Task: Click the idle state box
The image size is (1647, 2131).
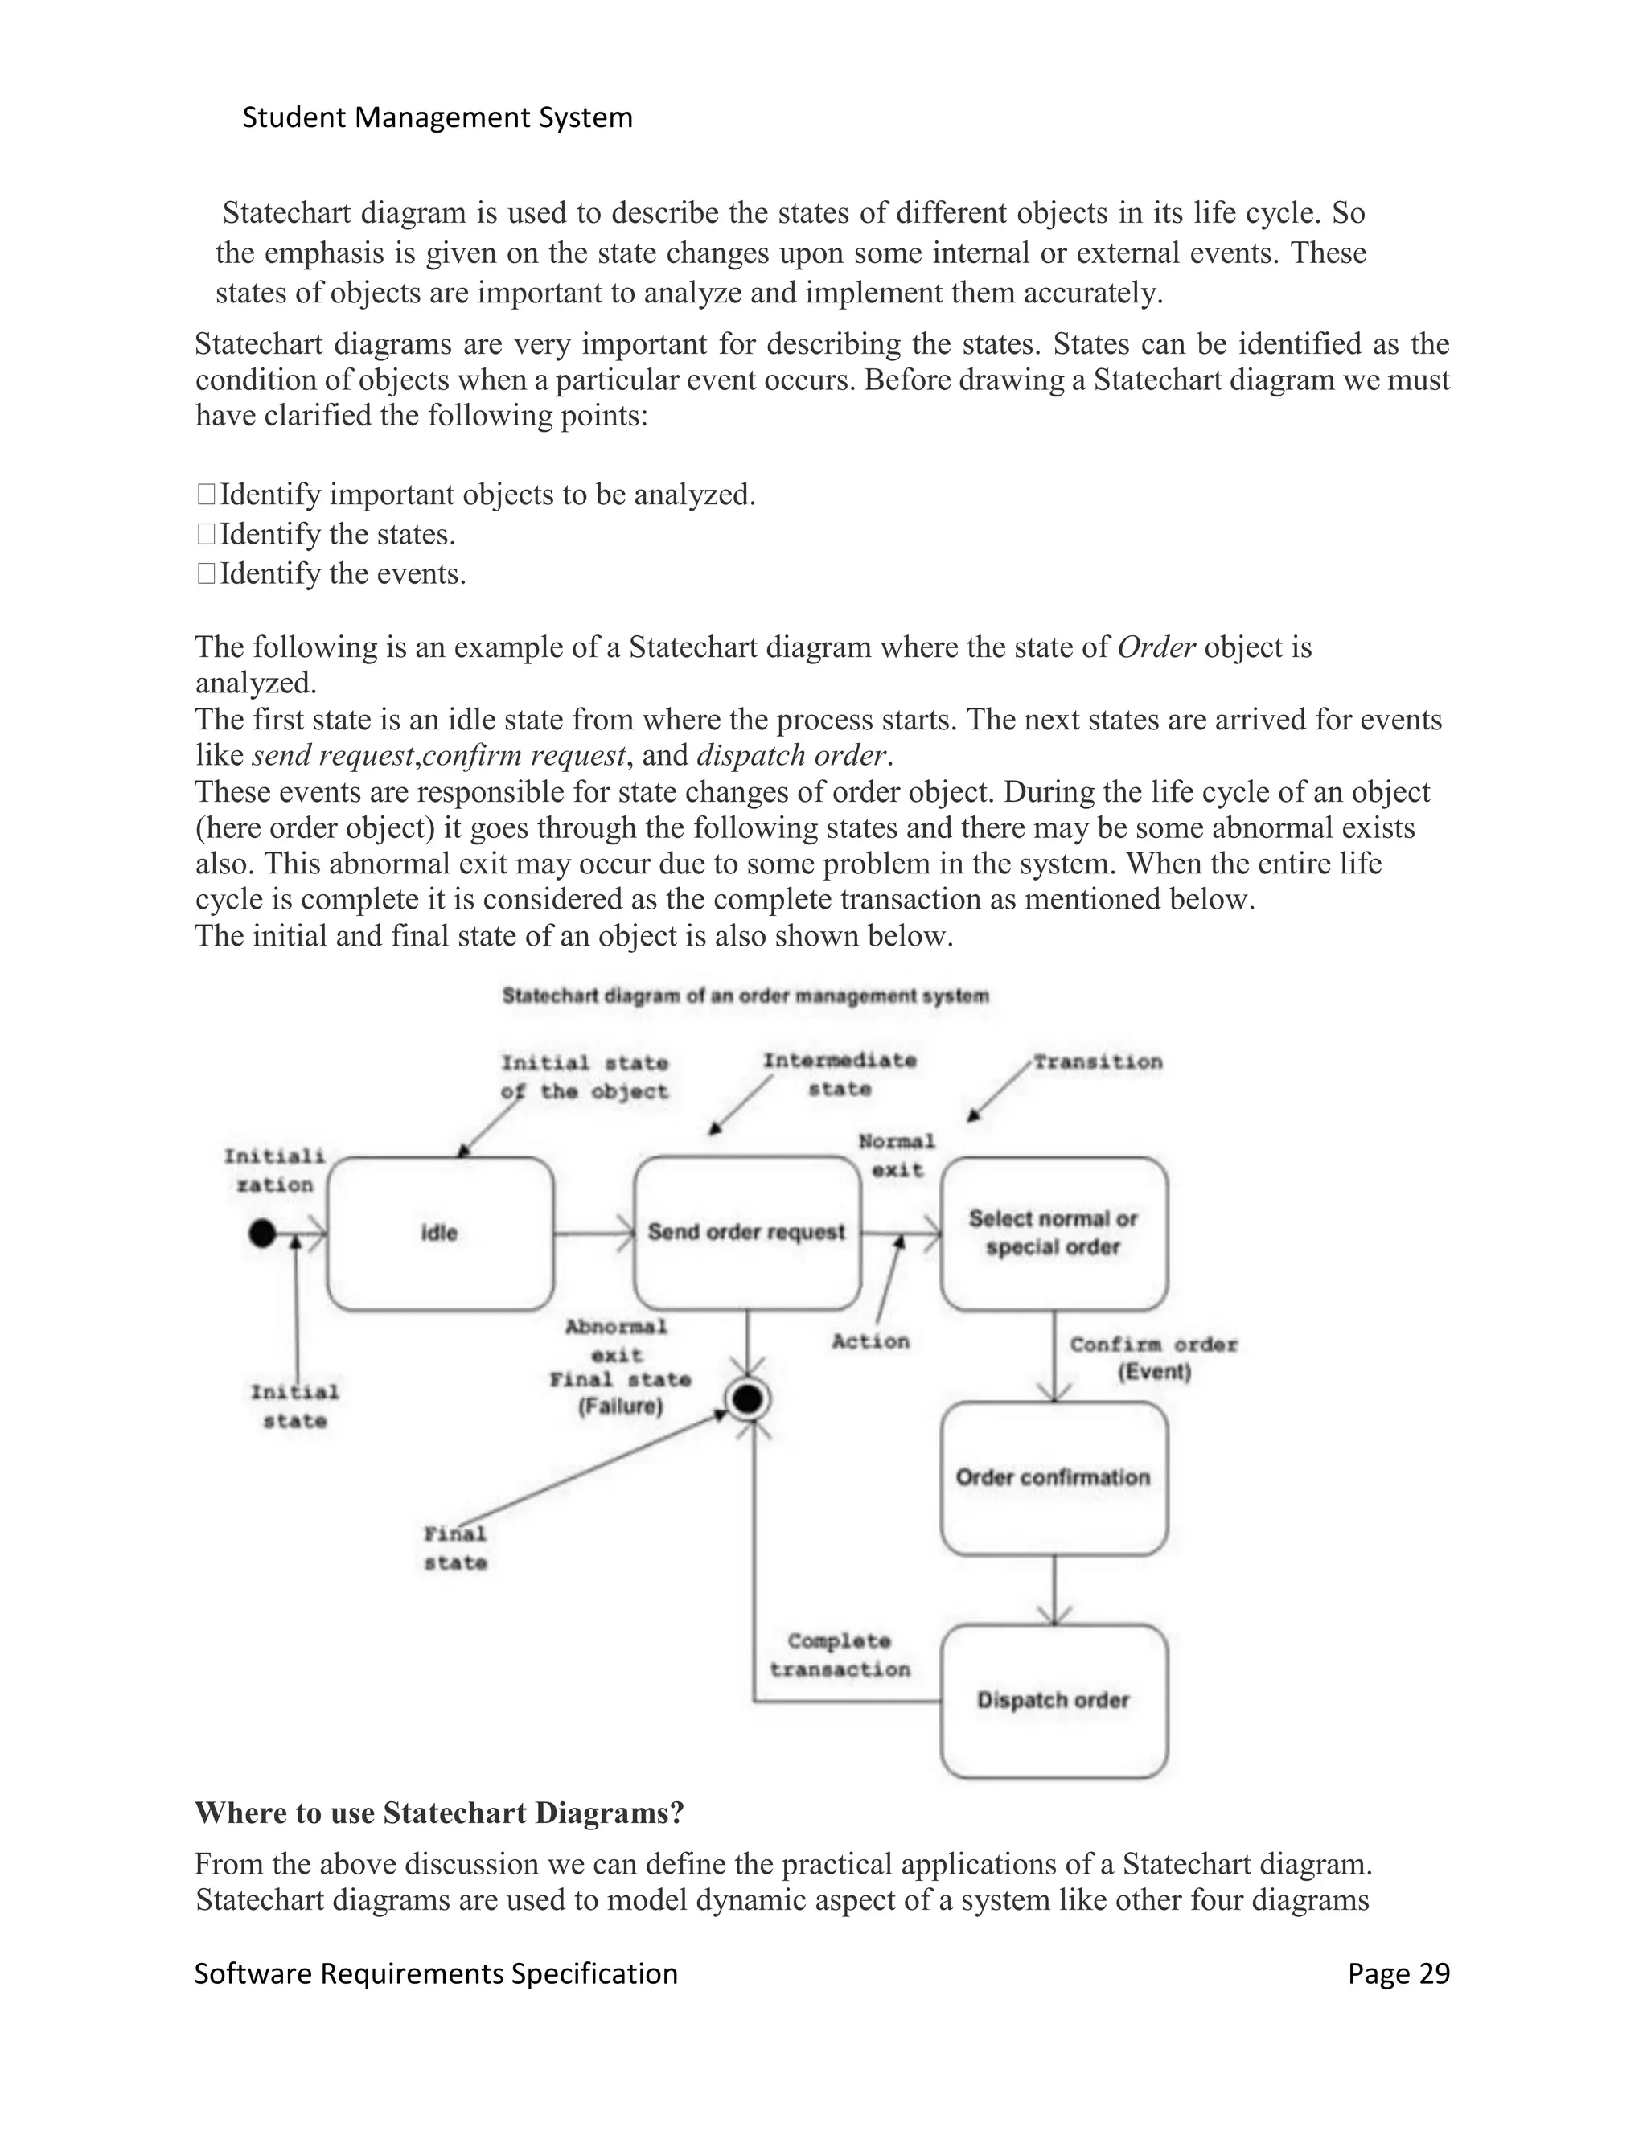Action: click(x=440, y=1234)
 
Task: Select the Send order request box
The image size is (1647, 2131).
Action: click(x=746, y=1232)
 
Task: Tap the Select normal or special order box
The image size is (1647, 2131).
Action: click(x=1054, y=1234)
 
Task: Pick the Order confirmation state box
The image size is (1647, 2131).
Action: click(x=1054, y=1477)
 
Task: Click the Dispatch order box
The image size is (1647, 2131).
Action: click(x=1054, y=1701)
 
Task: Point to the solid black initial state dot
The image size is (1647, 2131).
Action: click(x=261, y=1234)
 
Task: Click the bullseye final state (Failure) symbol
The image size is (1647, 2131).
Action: click(x=747, y=1400)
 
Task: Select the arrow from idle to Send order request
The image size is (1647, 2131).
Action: click(x=594, y=1234)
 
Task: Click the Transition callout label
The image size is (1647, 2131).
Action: click(x=1098, y=1061)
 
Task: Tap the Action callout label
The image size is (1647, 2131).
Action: click(x=870, y=1341)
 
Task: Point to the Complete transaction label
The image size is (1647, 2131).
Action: click(x=839, y=1656)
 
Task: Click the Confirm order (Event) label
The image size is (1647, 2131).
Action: click(x=1153, y=1358)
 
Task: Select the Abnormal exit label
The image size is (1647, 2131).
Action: click(x=617, y=1341)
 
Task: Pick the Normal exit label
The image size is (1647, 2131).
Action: click(x=897, y=1156)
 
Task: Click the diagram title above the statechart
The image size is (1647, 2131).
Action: click(x=745, y=996)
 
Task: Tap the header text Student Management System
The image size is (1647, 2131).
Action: click(x=437, y=118)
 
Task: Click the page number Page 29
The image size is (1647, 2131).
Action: click(x=1399, y=1974)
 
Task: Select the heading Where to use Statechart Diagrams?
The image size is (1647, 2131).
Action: click(x=439, y=1813)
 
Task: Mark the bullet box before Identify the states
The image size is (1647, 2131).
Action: click(x=206, y=535)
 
